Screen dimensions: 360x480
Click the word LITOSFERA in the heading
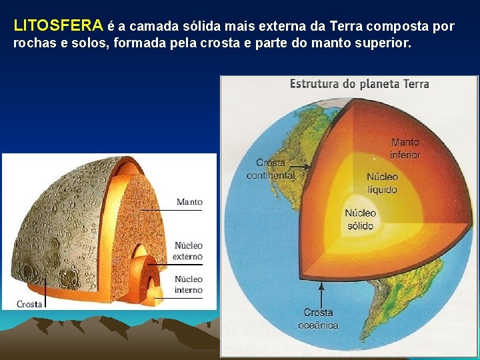pyautogui.click(x=58, y=27)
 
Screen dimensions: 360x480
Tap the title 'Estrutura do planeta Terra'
pyautogui.click(x=359, y=84)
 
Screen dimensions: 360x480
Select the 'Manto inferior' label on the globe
pyautogui.click(x=405, y=148)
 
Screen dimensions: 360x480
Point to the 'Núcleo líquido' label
pyautogui.click(x=382, y=183)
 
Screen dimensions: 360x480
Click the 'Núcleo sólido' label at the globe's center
pyautogui.click(x=360, y=219)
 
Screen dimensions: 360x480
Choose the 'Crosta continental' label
pyautogui.click(x=271, y=169)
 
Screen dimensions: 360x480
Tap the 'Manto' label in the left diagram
pyautogui.click(x=189, y=201)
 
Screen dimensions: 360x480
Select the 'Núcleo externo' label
pyautogui.click(x=189, y=251)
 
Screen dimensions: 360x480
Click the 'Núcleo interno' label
pyautogui.click(x=189, y=284)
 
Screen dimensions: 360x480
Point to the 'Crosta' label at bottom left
pyautogui.click(x=29, y=304)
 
